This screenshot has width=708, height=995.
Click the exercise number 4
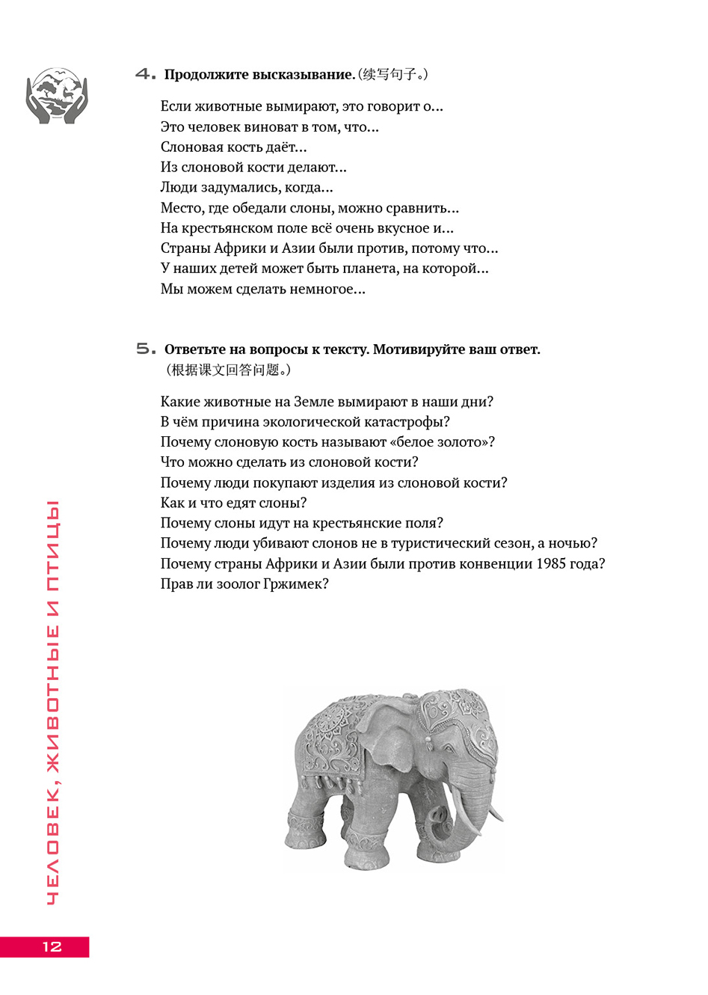pyautogui.click(x=145, y=74)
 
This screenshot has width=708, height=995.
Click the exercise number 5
pyautogui.click(x=146, y=349)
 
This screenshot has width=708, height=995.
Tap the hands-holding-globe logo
pyautogui.click(x=56, y=96)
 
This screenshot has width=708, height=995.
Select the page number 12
pyautogui.click(x=52, y=946)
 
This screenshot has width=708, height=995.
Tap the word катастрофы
pyautogui.click(x=411, y=422)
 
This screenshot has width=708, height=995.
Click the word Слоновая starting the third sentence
pyautogui.click(x=191, y=147)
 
